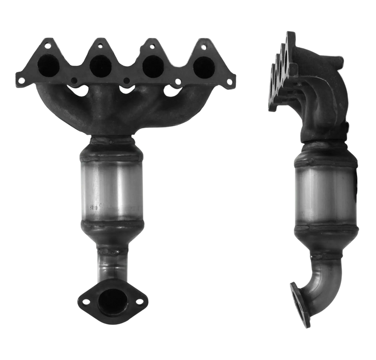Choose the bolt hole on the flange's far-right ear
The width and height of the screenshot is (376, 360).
pos(229,81)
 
